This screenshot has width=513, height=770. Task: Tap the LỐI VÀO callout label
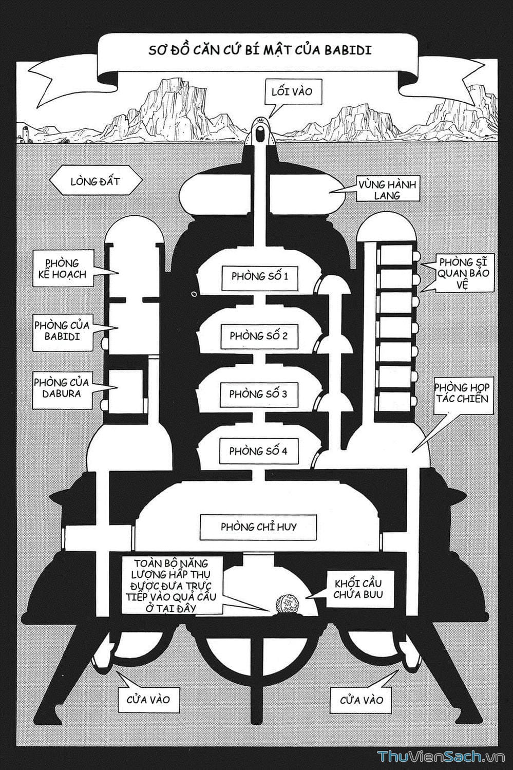point(291,92)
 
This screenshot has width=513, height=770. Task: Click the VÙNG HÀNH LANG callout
point(387,190)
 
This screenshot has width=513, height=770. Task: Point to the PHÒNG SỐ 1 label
point(259,276)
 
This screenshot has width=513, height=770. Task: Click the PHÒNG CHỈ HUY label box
point(258,527)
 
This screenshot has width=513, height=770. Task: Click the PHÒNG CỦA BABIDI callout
point(62,331)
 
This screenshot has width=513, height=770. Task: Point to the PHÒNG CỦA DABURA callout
point(62,388)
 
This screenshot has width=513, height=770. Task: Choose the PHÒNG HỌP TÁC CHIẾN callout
point(462,392)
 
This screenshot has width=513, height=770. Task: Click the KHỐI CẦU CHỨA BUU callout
point(358,589)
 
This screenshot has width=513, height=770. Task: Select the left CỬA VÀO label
point(148,699)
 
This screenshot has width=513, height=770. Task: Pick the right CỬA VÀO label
point(362,700)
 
